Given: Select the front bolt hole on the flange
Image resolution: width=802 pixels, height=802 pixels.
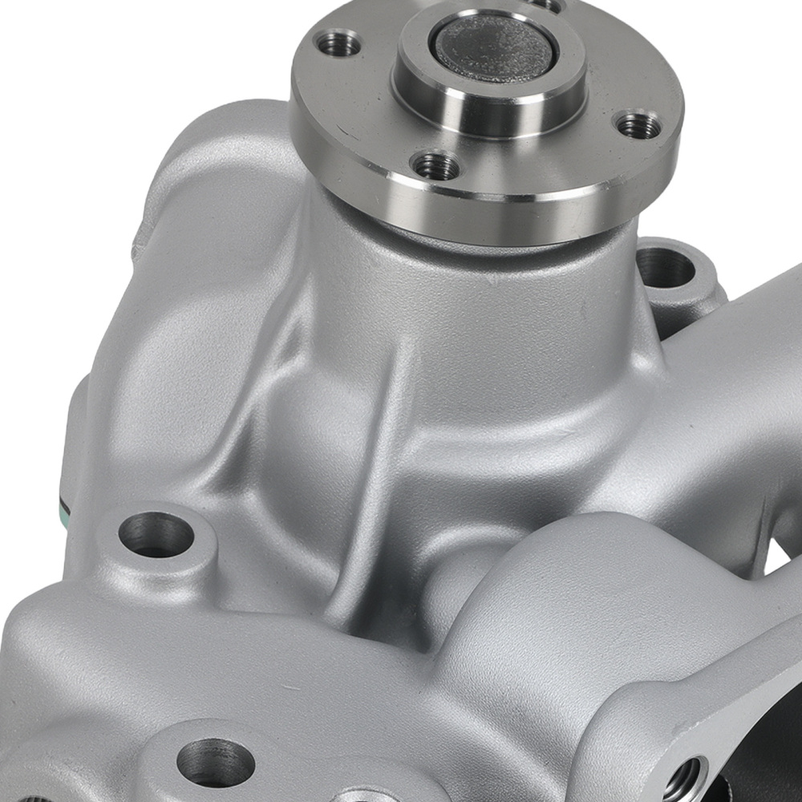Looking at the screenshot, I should pyautogui.click(x=435, y=166).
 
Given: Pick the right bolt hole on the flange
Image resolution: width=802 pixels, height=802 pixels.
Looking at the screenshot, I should pyautogui.click(x=638, y=124).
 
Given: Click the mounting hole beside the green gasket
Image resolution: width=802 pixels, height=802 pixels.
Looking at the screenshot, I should pyautogui.click(x=156, y=534).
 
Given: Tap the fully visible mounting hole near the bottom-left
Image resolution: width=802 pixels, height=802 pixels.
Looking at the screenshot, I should pyautogui.click(x=215, y=762).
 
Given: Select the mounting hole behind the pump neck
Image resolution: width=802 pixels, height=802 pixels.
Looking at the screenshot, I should pyautogui.click(x=666, y=269).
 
